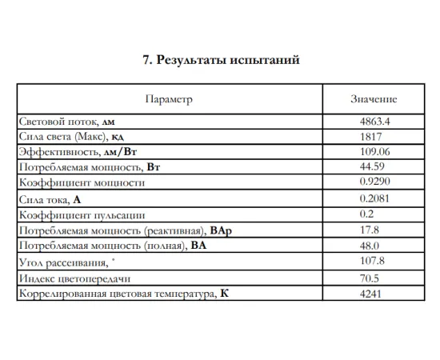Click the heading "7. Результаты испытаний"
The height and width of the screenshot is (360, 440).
point(220,60)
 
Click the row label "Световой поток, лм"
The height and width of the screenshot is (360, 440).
point(69,122)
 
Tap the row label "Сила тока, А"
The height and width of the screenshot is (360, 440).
point(50,199)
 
